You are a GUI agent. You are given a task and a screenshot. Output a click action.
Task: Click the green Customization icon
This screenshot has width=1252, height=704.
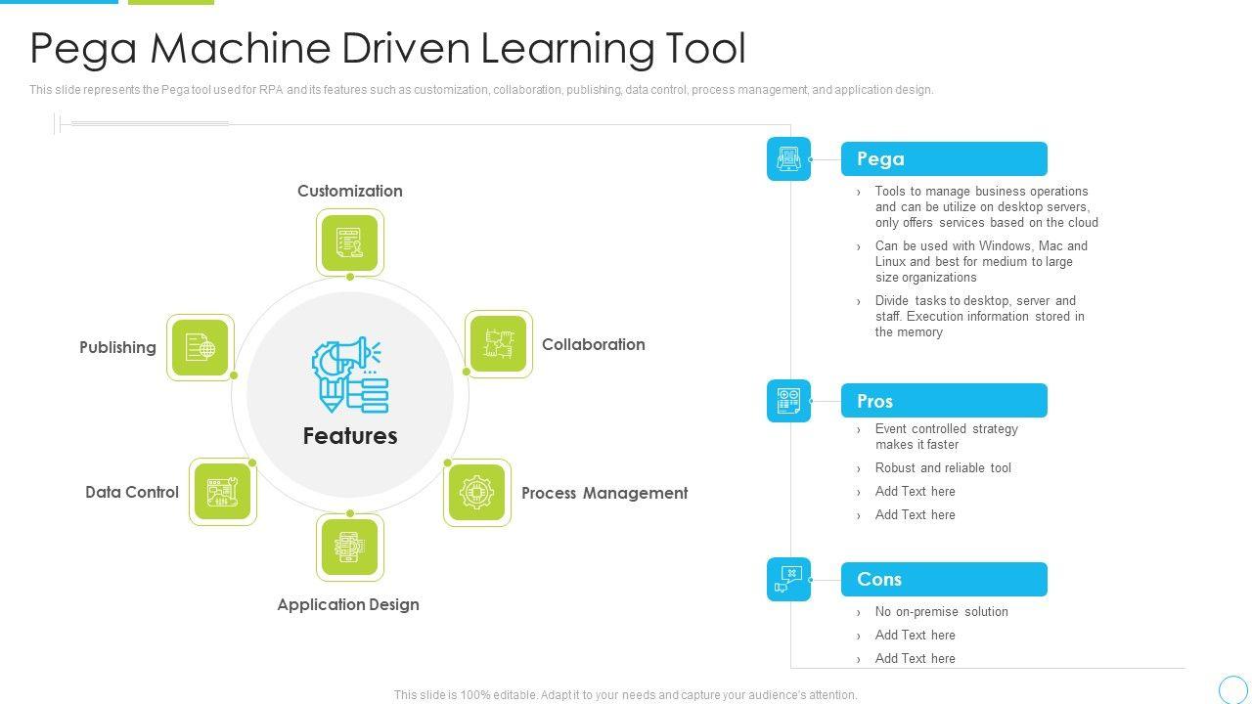(x=350, y=242)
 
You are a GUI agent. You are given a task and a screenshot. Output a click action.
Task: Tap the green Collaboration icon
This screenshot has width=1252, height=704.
(x=498, y=344)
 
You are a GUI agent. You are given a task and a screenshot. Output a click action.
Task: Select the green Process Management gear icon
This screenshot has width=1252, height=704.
(x=477, y=493)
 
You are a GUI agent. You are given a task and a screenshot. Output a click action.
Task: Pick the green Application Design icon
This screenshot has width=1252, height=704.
(x=350, y=548)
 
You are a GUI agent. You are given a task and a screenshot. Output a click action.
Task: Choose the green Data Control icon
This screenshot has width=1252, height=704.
(x=223, y=492)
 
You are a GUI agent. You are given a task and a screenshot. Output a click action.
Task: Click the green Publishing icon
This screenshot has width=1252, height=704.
(x=201, y=348)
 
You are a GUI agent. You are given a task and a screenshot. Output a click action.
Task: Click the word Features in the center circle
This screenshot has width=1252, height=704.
(x=350, y=436)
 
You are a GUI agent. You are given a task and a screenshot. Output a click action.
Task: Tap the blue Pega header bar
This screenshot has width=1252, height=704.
(x=944, y=159)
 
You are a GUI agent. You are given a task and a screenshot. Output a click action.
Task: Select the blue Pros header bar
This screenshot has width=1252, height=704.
(x=944, y=401)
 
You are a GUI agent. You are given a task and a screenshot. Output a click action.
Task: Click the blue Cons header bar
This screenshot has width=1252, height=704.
(x=944, y=580)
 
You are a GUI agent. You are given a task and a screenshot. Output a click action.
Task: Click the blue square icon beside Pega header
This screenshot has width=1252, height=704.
(x=788, y=159)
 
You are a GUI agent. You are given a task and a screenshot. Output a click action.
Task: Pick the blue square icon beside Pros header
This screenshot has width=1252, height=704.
(x=788, y=401)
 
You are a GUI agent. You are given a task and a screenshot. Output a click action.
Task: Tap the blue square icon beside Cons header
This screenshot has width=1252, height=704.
(x=788, y=580)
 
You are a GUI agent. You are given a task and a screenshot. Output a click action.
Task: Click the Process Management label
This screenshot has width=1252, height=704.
(x=604, y=494)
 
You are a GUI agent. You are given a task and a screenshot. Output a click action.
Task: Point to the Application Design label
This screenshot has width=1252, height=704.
(x=348, y=605)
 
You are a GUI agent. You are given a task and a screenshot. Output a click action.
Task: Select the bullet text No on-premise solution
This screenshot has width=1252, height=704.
(x=941, y=612)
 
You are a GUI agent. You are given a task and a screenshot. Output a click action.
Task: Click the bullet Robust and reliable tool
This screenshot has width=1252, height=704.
(x=943, y=468)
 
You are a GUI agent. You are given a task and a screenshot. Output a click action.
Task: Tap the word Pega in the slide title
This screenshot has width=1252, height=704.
(x=85, y=49)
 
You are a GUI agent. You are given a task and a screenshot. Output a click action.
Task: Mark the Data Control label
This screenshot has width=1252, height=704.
(x=132, y=493)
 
